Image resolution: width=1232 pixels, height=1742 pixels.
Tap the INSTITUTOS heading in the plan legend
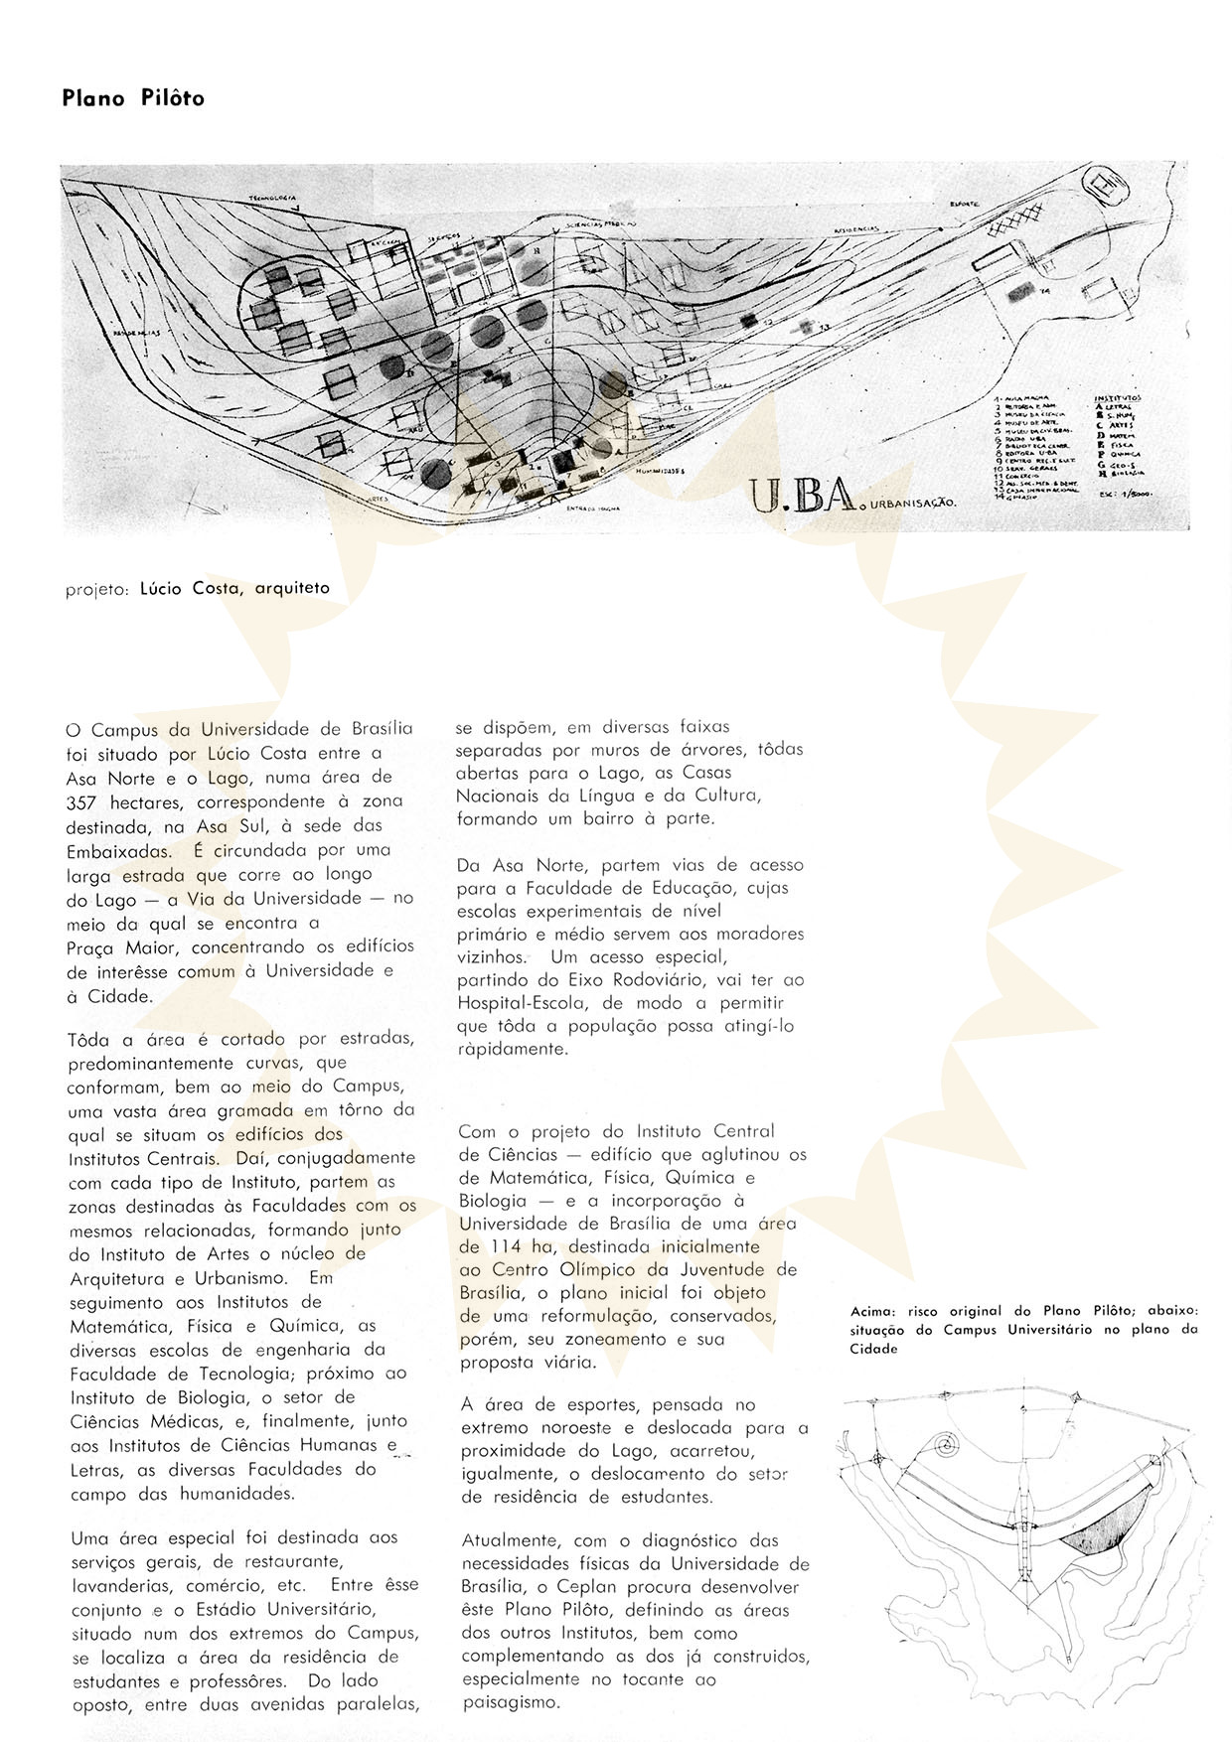(1118, 398)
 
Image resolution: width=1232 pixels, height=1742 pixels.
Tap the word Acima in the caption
(871, 1313)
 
